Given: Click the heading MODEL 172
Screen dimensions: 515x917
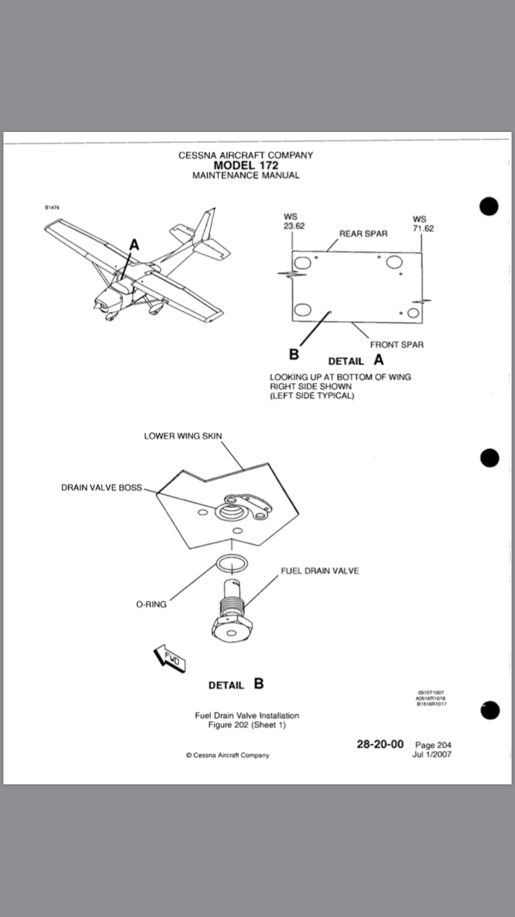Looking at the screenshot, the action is click(x=246, y=166).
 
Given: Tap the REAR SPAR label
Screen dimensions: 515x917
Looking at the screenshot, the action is click(x=363, y=234).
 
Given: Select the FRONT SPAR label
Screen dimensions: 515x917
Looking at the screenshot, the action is click(x=397, y=344).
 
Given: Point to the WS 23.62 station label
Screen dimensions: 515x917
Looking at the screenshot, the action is click(x=294, y=221).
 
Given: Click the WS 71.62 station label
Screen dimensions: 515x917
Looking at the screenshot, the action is click(x=423, y=224).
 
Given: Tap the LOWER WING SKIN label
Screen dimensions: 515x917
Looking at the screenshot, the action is click(x=183, y=436).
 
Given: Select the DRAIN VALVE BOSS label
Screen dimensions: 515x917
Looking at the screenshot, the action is click(x=102, y=487).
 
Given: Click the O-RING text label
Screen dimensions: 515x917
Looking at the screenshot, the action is click(x=151, y=604).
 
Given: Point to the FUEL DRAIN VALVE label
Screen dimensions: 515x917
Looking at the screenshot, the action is click(x=320, y=571).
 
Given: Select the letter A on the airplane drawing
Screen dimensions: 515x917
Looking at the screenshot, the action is click(x=134, y=245).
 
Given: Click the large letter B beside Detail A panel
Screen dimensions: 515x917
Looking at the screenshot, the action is click(x=294, y=354).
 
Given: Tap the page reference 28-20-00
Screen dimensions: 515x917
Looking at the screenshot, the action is click(x=380, y=744).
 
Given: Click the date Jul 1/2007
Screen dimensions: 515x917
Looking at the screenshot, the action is click(x=432, y=754).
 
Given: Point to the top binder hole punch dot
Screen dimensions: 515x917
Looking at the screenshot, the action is click(x=489, y=206).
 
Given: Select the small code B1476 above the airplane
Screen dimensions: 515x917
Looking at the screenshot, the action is click(x=52, y=208).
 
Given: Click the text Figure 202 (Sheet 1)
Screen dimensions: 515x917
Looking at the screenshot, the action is click(x=247, y=725).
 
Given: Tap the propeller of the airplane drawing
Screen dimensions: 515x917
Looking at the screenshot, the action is click(x=98, y=306).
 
